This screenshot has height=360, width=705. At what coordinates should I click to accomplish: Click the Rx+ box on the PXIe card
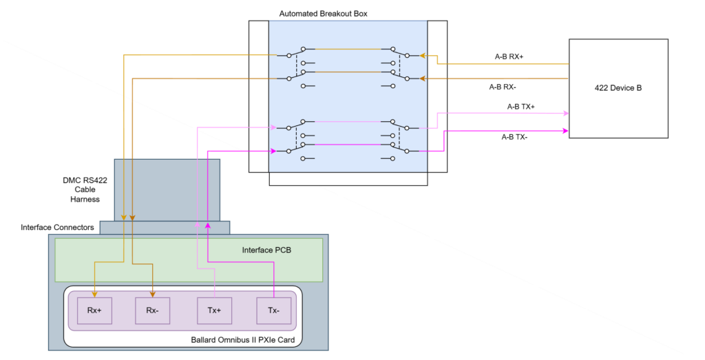(x=94, y=310)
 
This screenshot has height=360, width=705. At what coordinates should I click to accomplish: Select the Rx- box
(x=152, y=310)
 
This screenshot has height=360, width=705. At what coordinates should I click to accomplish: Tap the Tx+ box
(x=214, y=310)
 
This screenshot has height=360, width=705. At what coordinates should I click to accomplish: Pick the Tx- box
(x=273, y=310)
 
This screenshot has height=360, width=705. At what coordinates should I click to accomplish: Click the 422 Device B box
(x=618, y=88)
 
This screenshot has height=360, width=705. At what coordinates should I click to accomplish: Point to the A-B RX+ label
(x=509, y=57)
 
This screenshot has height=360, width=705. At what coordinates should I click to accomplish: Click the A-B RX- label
(x=503, y=87)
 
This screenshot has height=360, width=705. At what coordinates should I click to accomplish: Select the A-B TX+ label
(x=520, y=107)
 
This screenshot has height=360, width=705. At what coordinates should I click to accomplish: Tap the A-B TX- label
(x=514, y=137)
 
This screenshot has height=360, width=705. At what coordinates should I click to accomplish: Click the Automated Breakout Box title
(x=322, y=14)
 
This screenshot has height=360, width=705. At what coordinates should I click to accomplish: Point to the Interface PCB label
(x=266, y=250)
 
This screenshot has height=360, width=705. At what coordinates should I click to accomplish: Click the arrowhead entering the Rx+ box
(x=94, y=293)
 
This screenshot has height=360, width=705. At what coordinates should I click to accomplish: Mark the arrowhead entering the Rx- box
(x=152, y=293)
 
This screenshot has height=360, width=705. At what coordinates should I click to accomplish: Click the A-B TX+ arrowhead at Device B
(x=565, y=113)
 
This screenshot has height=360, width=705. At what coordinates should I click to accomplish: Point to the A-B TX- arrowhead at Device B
(x=565, y=130)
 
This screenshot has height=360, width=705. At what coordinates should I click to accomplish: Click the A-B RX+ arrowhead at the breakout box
(x=423, y=55)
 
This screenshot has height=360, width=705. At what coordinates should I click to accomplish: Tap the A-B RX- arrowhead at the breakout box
(x=423, y=78)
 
